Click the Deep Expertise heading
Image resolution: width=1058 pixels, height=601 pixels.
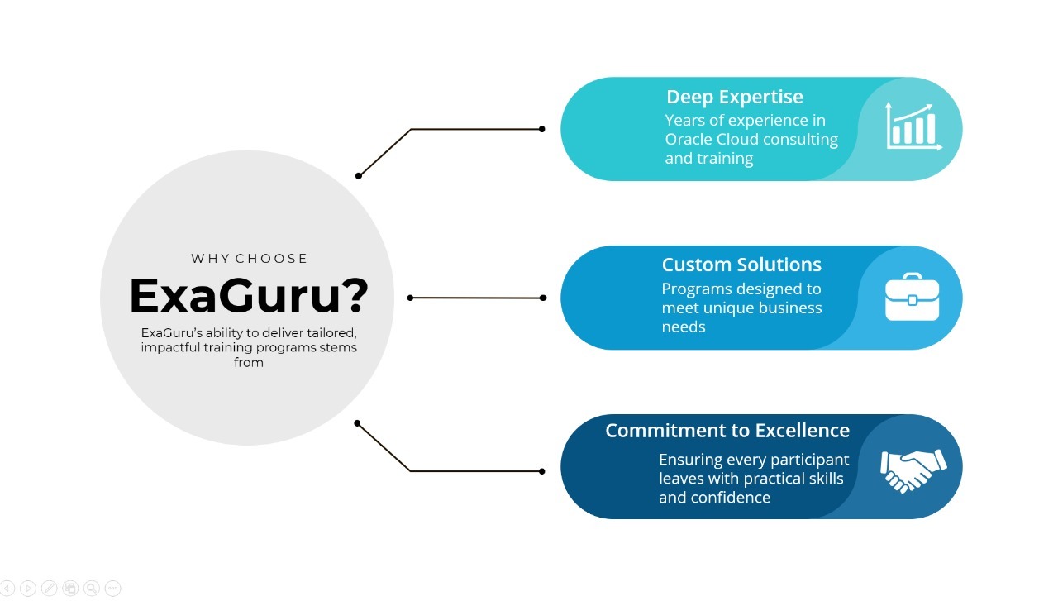click(x=735, y=98)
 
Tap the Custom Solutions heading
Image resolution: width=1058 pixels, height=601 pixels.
click(x=741, y=265)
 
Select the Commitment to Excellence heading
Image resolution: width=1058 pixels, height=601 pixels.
click(x=727, y=431)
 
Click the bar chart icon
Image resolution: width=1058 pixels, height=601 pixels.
click(x=913, y=126)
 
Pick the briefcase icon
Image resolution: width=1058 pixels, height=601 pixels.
click(x=912, y=297)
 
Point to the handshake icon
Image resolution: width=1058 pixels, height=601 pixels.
click(x=913, y=471)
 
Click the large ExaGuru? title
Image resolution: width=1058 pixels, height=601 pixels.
click(x=249, y=296)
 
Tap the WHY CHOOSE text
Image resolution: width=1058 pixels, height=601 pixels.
click(x=249, y=259)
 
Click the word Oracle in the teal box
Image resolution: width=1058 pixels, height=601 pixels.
click(x=689, y=140)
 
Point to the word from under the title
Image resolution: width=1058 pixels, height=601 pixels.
click(x=249, y=362)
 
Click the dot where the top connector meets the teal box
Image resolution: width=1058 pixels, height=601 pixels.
click(x=541, y=129)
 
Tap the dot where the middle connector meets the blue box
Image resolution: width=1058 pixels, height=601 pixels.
click(x=543, y=298)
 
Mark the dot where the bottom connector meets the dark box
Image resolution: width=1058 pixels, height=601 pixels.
click(x=541, y=471)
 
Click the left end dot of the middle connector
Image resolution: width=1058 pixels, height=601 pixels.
click(x=411, y=298)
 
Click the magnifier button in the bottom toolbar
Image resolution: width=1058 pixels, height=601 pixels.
click(x=92, y=589)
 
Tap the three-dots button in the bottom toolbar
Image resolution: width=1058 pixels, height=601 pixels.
click(x=112, y=589)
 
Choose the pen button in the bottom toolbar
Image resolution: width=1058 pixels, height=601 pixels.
click(x=49, y=589)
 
